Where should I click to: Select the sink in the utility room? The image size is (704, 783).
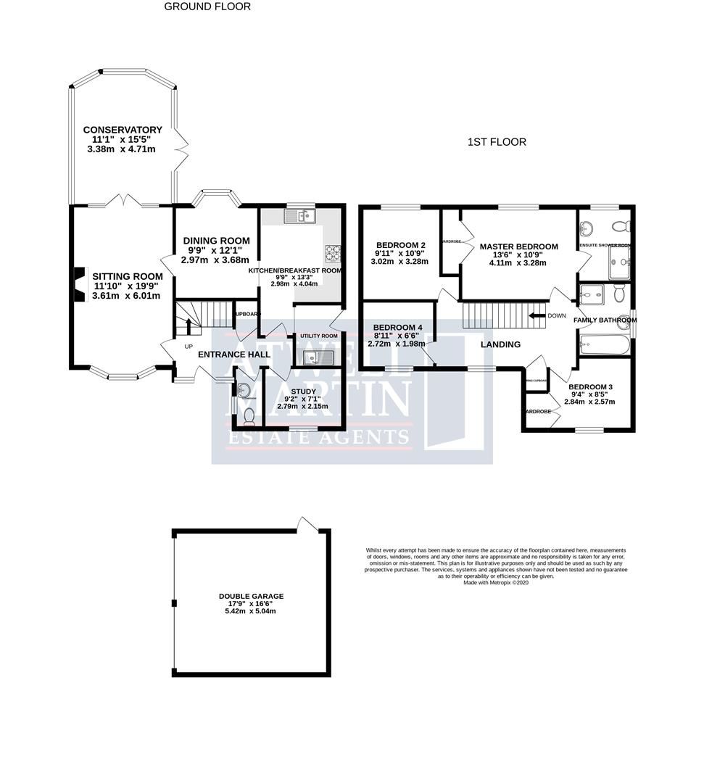pos(317,357)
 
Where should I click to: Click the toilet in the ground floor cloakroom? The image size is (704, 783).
pos(249,415)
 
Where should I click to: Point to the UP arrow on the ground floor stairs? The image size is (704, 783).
pos(189,325)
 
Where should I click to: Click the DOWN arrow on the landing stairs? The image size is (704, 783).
pos(538,315)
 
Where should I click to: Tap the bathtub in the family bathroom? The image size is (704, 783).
pos(605,344)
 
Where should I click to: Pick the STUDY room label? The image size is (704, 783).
pos(303,391)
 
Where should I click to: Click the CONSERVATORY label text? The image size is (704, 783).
pos(123,130)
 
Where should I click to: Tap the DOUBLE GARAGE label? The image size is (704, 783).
pos(251,596)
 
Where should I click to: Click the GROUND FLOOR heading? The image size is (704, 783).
pos(207,7)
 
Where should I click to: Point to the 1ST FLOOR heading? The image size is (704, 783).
pos(497,142)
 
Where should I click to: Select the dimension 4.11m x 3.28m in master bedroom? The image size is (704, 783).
pos(518,263)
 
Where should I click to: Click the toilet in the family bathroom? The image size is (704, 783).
pos(619,294)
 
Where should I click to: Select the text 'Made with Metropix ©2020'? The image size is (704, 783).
pos(496,582)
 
